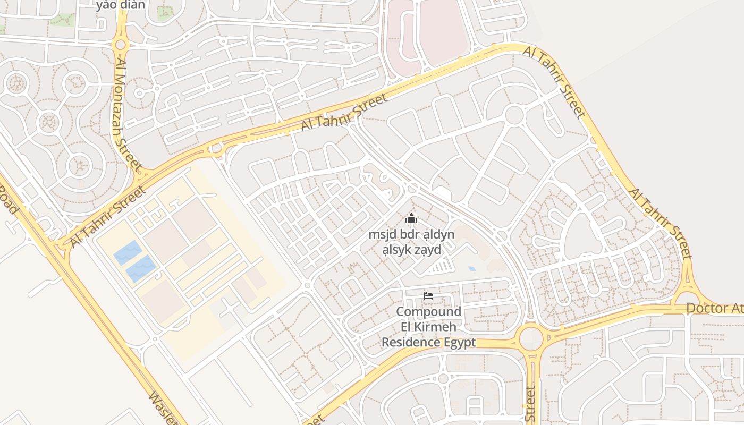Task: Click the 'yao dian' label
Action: click(121, 5)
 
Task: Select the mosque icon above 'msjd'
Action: click(411, 218)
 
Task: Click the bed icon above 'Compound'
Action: click(428, 296)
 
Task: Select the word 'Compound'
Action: click(428, 312)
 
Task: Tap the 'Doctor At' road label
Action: click(714, 308)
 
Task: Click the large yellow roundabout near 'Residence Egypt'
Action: click(530, 338)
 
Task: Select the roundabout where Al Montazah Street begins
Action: click(121, 45)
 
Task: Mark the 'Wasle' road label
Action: click(163, 408)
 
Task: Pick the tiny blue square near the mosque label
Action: click(471, 269)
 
